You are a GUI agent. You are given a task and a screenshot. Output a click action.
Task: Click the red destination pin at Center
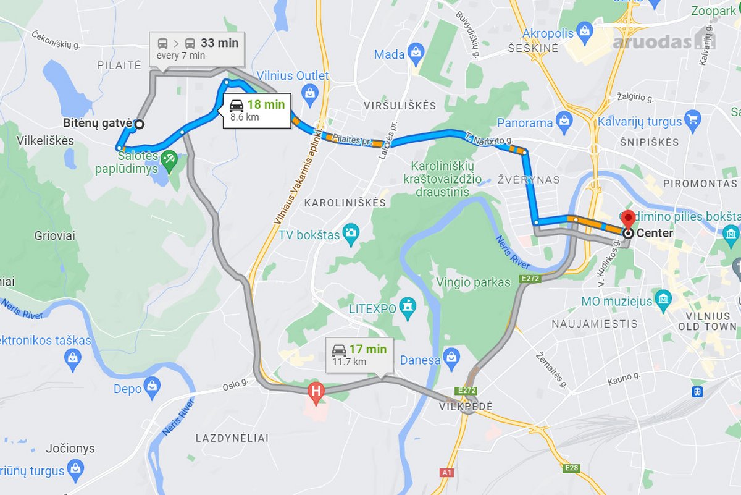click(x=628, y=219)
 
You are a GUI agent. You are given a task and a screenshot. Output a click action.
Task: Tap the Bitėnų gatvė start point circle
click(x=139, y=124)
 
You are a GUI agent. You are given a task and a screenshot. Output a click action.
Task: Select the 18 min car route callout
click(x=256, y=111)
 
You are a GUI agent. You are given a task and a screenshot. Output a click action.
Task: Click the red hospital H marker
click(x=316, y=391)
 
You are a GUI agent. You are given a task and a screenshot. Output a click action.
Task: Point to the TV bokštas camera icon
click(x=352, y=233)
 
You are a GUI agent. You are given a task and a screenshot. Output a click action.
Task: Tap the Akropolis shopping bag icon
click(x=584, y=30)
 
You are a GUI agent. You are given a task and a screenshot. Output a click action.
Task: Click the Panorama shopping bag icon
click(x=563, y=122)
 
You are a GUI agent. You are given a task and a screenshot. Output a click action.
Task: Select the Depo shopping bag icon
click(x=151, y=387)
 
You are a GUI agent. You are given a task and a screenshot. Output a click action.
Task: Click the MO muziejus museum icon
click(x=663, y=300)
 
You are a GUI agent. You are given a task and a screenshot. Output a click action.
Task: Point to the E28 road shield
click(x=572, y=468)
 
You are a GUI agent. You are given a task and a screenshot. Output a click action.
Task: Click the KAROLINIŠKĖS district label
click(x=345, y=202)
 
